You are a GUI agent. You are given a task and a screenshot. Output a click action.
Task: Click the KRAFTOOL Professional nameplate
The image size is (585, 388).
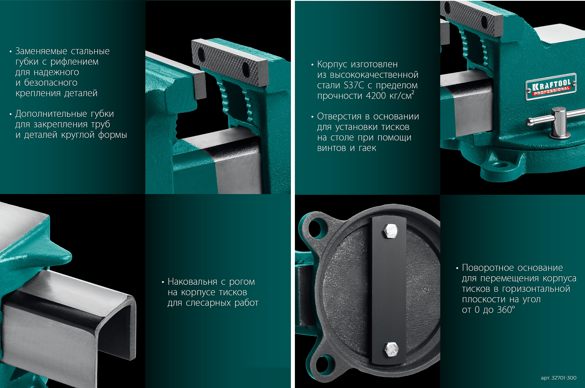click(x=551, y=87)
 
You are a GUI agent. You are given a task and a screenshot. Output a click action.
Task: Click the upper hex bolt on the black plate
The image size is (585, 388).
click(x=391, y=231)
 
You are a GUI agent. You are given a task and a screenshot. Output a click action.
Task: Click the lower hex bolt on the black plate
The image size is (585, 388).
click(x=391, y=349)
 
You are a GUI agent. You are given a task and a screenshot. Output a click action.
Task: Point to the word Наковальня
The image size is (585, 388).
click(x=193, y=282)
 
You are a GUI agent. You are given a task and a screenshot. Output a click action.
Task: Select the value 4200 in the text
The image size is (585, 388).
click(x=376, y=96)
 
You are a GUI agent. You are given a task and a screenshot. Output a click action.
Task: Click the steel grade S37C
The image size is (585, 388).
click(x=354, y=85)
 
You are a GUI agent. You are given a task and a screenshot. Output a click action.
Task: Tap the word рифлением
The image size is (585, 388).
click(x=74, y=62)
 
